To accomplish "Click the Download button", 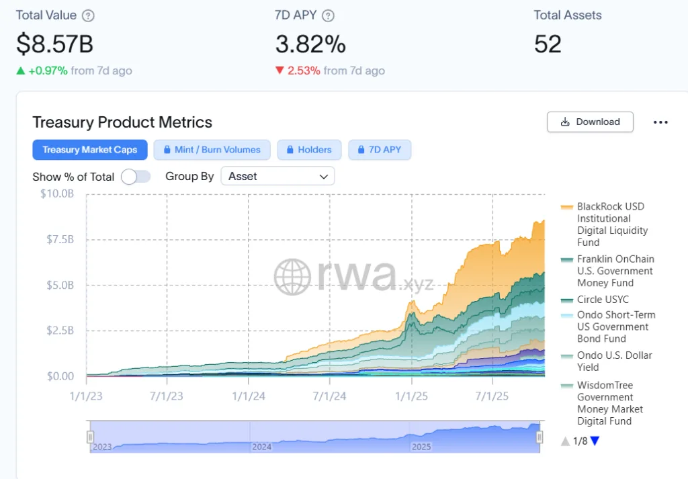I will pos(590,122).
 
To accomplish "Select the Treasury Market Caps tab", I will pos(89,150).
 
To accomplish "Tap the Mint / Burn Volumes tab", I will pos(212,150).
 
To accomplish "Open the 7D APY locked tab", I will pos(379,150).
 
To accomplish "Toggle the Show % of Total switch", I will pos(135,177).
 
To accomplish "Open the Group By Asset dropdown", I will pos(277,176).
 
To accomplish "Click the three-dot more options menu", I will pos(660,122).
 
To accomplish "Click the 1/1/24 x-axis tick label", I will pos(249,396).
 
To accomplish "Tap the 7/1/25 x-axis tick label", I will pos(492,396).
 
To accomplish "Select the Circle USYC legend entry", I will pos(603,300).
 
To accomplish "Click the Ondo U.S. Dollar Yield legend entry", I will pos(614,361).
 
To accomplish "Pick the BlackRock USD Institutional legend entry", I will pos(610,224).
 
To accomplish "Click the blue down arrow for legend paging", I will pos(594,441).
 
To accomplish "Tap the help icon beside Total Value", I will pos(88,15).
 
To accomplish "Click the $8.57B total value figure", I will pos(54,44).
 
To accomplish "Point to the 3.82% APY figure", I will pos(310,44).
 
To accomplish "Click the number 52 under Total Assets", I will pos(548,44).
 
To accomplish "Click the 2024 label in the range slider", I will pos(261,447).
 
